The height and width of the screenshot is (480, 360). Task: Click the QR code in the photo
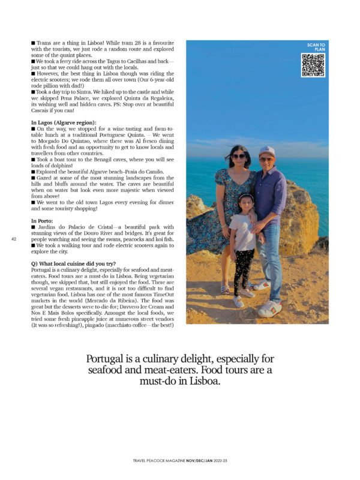[x=312, y=65]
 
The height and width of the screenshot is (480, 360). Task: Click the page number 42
[x=13, y=239]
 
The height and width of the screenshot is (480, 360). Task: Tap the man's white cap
[x=266, y=151]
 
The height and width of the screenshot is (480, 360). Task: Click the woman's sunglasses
[x=238, y=157]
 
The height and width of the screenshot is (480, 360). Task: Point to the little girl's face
[x=247, y=203]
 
